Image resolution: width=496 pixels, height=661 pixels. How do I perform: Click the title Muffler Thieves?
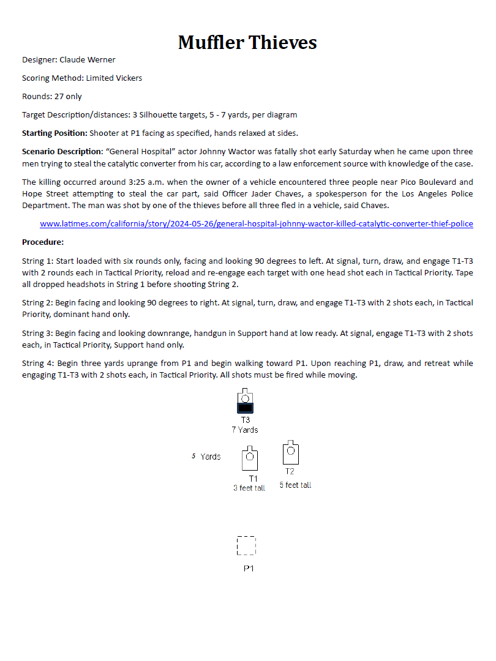tap(247, 42)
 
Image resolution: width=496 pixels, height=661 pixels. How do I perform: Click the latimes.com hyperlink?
tap(256, 224)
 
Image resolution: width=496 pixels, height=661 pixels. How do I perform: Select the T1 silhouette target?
tap(250, 459)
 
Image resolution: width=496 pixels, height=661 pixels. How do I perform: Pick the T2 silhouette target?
tap(290, 454)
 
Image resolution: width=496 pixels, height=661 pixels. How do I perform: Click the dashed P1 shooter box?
tap(246, 545)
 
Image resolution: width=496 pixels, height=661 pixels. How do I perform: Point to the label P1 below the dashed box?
tap(249, 569)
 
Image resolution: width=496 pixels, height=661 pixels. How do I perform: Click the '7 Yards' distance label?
tap(244, 430)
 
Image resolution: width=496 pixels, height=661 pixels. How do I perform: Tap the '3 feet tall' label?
tap(249, 488)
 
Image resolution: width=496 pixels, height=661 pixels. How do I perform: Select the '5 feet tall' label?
tap(295, 485)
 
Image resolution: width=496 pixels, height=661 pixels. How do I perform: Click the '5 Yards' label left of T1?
tap(206, 457)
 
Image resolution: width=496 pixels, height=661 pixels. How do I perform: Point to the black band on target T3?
tap(245, 407)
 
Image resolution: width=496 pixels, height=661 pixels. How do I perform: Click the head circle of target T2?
tap(291, 450)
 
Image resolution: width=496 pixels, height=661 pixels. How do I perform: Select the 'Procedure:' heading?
tap(43, 242)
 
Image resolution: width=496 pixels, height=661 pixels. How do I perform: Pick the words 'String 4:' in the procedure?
tap(37, 364)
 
